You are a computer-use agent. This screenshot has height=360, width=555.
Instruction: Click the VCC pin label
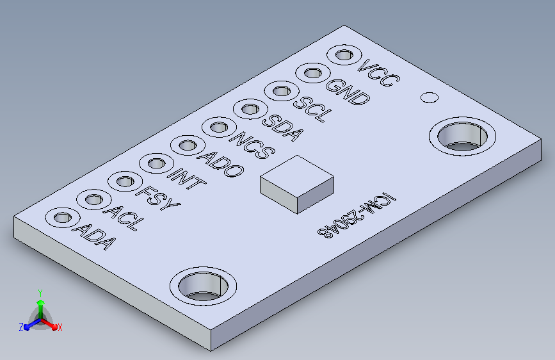[379, 72]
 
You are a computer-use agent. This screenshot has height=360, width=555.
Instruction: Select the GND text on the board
[348, 92]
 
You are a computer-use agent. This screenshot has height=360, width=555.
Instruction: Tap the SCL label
[313, 109]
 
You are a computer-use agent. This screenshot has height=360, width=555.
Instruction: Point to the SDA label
[282, 127]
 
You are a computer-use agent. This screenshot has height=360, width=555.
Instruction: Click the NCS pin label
[252, 145]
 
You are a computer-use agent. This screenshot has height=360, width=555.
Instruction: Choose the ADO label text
[221, 164]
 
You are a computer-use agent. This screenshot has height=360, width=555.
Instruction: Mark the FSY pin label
[158, 198]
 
